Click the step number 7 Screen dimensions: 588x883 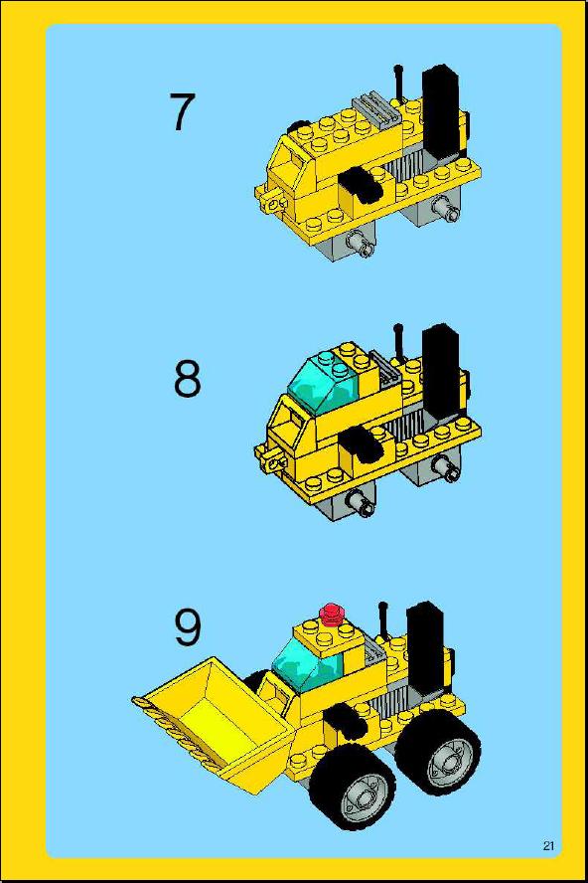click(183, 112)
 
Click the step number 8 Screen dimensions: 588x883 click(188, 379)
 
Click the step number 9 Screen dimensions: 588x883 click(188, 627)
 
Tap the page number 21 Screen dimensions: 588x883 click(548, 845)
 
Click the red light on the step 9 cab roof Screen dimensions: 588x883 click(332, 614)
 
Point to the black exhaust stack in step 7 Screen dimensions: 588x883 click(442, 112)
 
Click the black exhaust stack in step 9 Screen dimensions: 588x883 click(426, 647)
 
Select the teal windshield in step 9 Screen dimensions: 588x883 click(307, 664)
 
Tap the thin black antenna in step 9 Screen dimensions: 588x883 click(383, 619)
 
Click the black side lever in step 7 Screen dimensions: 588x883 click(361, 185)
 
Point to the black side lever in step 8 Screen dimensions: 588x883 click(361, 442)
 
